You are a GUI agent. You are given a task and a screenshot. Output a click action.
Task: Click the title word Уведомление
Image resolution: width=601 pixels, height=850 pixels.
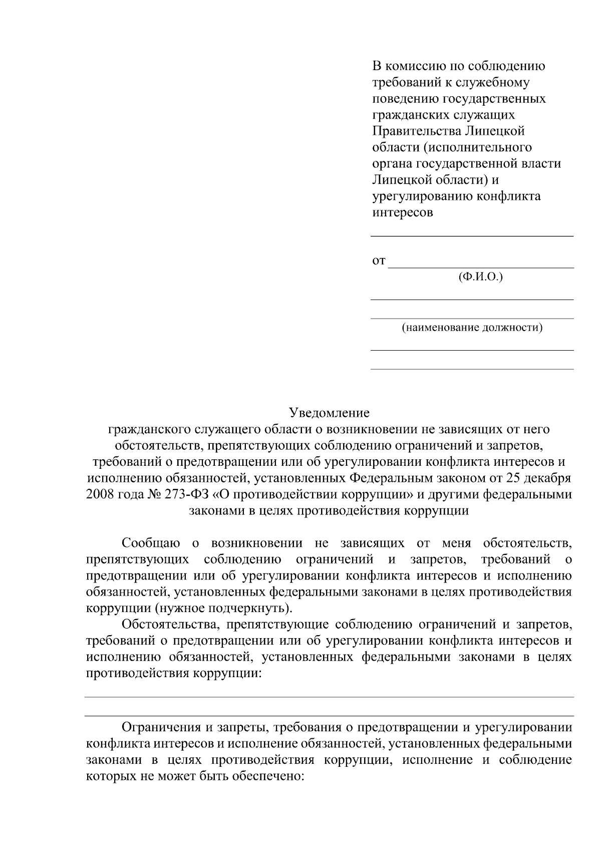[329, 413]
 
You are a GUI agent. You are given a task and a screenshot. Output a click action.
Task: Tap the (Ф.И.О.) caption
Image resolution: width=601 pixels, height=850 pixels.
[480, 277]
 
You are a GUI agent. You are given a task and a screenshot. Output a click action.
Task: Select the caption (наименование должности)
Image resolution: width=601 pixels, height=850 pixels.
[472, 328]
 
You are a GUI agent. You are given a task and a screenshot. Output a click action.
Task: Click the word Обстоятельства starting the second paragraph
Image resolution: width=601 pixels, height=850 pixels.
[170, 625]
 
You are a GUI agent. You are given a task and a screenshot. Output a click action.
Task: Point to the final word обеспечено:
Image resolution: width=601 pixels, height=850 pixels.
[266, 776]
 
